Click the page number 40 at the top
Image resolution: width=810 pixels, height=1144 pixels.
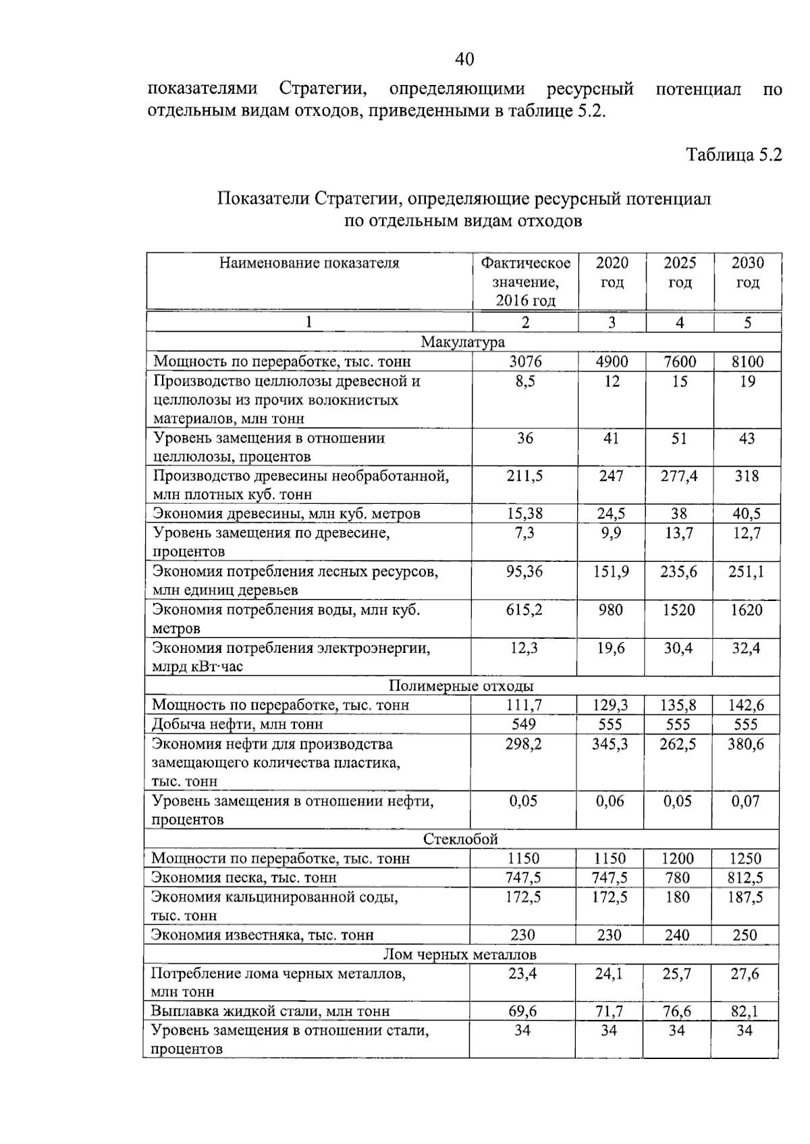464,59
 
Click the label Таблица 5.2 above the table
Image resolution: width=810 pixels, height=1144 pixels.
733,154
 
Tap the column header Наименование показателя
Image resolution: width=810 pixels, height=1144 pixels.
308,263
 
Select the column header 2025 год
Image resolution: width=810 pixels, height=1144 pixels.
679,273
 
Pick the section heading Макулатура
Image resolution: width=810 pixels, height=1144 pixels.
462,342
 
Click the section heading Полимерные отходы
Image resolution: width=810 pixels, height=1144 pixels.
461,686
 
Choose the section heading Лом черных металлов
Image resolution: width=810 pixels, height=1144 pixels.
460,954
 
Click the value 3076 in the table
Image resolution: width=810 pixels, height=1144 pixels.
524,362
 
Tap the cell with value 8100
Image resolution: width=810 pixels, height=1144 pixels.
747,362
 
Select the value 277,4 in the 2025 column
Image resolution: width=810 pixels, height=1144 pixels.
679,476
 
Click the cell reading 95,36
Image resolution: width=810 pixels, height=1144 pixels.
524,572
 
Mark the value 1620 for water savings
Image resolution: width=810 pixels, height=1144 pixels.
747,610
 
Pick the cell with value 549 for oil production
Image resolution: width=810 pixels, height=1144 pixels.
524,724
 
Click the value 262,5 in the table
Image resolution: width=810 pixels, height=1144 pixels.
678,744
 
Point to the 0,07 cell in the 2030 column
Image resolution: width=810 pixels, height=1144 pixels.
745,801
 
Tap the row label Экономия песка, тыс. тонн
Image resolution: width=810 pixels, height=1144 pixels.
244,878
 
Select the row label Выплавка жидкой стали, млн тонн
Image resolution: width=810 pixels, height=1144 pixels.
270,1011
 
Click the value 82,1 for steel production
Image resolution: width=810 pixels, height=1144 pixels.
745,1011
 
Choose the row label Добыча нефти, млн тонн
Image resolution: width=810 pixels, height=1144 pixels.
237,724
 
